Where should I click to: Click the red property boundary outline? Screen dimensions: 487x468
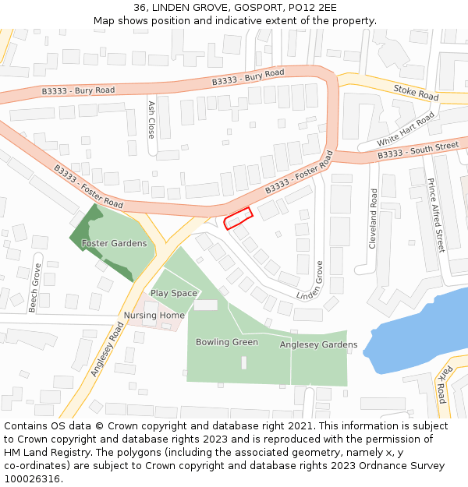click(239, 219)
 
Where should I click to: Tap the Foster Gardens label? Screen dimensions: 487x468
click(115, 244)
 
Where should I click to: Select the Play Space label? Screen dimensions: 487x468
click(174, 294)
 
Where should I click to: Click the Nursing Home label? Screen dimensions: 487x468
click(154, 316)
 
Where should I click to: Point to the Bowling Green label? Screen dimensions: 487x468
click(227, 342)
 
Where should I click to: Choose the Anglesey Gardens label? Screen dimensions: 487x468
click(318, 344)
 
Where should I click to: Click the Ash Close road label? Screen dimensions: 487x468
click(151, 118)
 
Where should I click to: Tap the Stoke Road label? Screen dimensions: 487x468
click(416, 93)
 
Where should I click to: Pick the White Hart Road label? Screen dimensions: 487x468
click(406, 129)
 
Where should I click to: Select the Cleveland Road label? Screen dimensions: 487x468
click(374, 218)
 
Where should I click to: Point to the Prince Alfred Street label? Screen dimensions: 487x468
click(435, 215)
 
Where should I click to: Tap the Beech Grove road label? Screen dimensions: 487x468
click(34, 288)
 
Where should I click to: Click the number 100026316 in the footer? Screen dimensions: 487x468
click(31, 478)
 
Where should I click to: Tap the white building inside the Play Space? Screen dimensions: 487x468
click(206, 305)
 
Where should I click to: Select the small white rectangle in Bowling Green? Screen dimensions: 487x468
click(244, 362)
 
